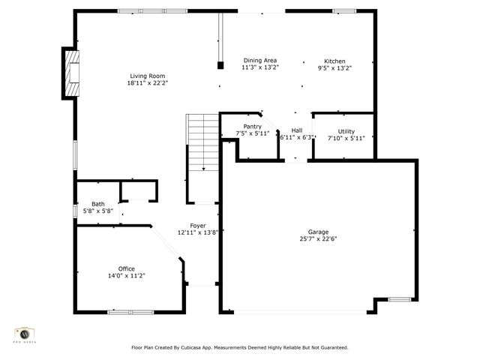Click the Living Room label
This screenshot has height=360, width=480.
pyautogui.click(x=147, y=76)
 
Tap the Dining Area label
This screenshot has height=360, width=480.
pyautogui.click(x=259, y=61)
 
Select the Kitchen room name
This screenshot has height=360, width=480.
pyautogui.click(x=334, y=61)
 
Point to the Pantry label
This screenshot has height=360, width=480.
pyautogui.click(x=252, y=127)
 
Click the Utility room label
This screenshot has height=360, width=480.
pyautogui.click(x=346, y=131)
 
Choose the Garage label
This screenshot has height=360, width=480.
pyautogui.click(x=318, y=232)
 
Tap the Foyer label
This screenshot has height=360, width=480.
pyautogui.click(x=197, y=226)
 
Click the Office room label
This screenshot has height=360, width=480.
pyautogui.click(x=126, y=268)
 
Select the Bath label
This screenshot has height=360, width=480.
pyautogui.click(x=98, y=204)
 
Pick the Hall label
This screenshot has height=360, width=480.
pyautogui.click(x=297, y=130)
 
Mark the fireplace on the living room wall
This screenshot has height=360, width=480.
pyautogui.click(x=70, y=73)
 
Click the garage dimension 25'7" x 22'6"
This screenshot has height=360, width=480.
pyautogui.click(x=318, y=240)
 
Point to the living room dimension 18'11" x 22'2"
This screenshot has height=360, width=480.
pyautogui.click(x=147, y=83)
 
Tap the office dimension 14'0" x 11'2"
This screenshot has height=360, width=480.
pyautogui.click(x=126, y=276)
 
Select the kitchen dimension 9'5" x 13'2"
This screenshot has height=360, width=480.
pyautogui.click(x=334, y=68)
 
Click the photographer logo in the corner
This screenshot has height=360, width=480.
pyautogui.click(x=25, y=334)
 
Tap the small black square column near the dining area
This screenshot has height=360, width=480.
pyautogui.click(x=220, y=65)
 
